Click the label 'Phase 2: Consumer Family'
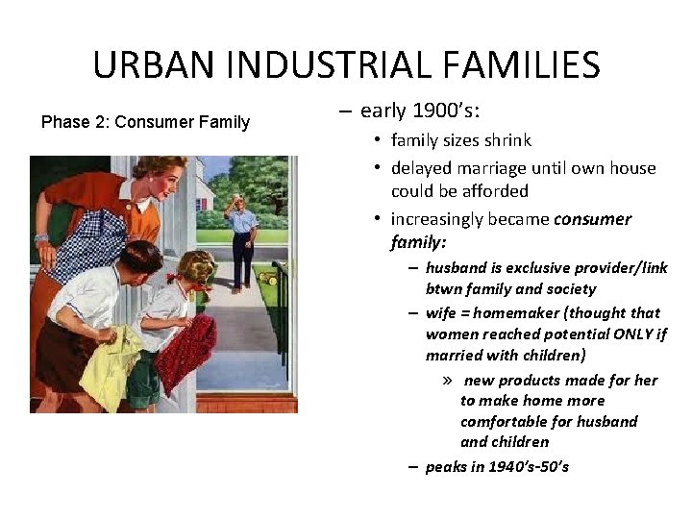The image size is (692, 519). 145,122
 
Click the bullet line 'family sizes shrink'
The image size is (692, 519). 460,140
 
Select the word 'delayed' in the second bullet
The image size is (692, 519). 423,168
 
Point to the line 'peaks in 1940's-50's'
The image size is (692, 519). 496,466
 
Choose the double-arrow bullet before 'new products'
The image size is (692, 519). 449,381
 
